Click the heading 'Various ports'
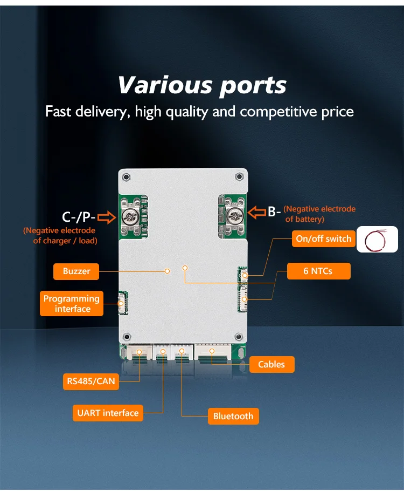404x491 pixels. click(202, 85)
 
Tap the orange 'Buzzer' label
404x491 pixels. click(76, 271)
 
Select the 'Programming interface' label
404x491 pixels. click(72, 303)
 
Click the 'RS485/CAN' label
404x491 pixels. click(91, 382)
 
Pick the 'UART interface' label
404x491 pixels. click(108, 413)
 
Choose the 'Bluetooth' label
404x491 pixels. click(233, 416)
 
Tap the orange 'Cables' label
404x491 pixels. click(271, 364)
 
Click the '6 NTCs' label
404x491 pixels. click(318, 271)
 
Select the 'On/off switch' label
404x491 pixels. click(323, 238)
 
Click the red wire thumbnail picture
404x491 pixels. click(377, 239)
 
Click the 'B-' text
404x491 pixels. click(274, 211)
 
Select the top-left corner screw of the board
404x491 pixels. click(127, 177)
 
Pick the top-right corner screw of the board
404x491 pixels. click(239, 177)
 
